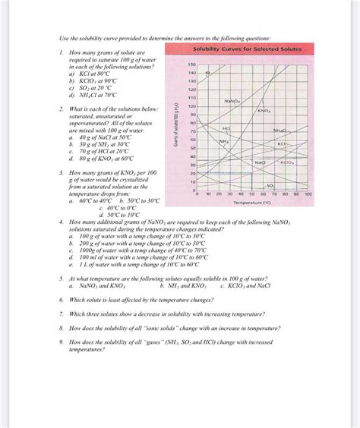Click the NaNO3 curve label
pos(232,100)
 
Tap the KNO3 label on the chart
pos(265,112)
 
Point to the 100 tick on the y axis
pos(192,105)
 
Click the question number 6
pos(61,300)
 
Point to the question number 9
pos(61,342)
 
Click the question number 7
pos(61,313)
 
